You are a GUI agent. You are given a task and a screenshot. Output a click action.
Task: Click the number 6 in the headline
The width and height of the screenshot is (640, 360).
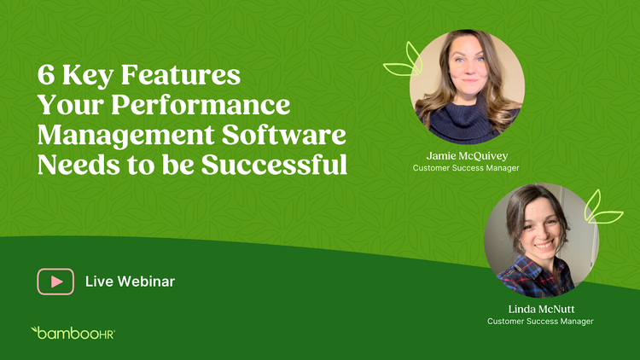point(46,75)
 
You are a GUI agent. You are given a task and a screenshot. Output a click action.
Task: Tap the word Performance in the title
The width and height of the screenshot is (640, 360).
point(201,105)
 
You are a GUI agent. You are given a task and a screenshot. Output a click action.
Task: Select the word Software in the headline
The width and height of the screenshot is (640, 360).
point(283,135)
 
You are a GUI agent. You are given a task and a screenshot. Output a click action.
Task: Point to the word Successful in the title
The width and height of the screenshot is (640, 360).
point(274,165)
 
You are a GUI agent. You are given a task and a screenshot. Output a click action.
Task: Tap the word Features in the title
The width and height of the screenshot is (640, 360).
point(181,75)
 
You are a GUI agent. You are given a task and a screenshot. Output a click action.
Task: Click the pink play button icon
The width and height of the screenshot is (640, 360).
point(55,282)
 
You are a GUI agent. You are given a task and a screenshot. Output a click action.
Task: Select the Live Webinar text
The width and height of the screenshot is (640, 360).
point(130,282)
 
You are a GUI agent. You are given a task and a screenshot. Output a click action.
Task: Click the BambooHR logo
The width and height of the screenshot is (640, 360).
point(73,333)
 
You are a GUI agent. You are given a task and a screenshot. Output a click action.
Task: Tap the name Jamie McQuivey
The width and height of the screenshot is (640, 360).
point(467,156)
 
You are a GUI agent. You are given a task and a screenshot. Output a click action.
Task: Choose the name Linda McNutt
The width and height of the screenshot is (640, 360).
point(541,309)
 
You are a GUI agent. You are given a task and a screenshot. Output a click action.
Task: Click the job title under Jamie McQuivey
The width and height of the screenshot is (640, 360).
point(466,168)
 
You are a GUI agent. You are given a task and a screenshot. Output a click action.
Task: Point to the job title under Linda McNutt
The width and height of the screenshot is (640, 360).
point(540,322)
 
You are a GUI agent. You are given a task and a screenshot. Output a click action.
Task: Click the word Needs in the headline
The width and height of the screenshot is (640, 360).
point(79,165)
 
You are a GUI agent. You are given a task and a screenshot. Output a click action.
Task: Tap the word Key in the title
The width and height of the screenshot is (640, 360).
point(88,76)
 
